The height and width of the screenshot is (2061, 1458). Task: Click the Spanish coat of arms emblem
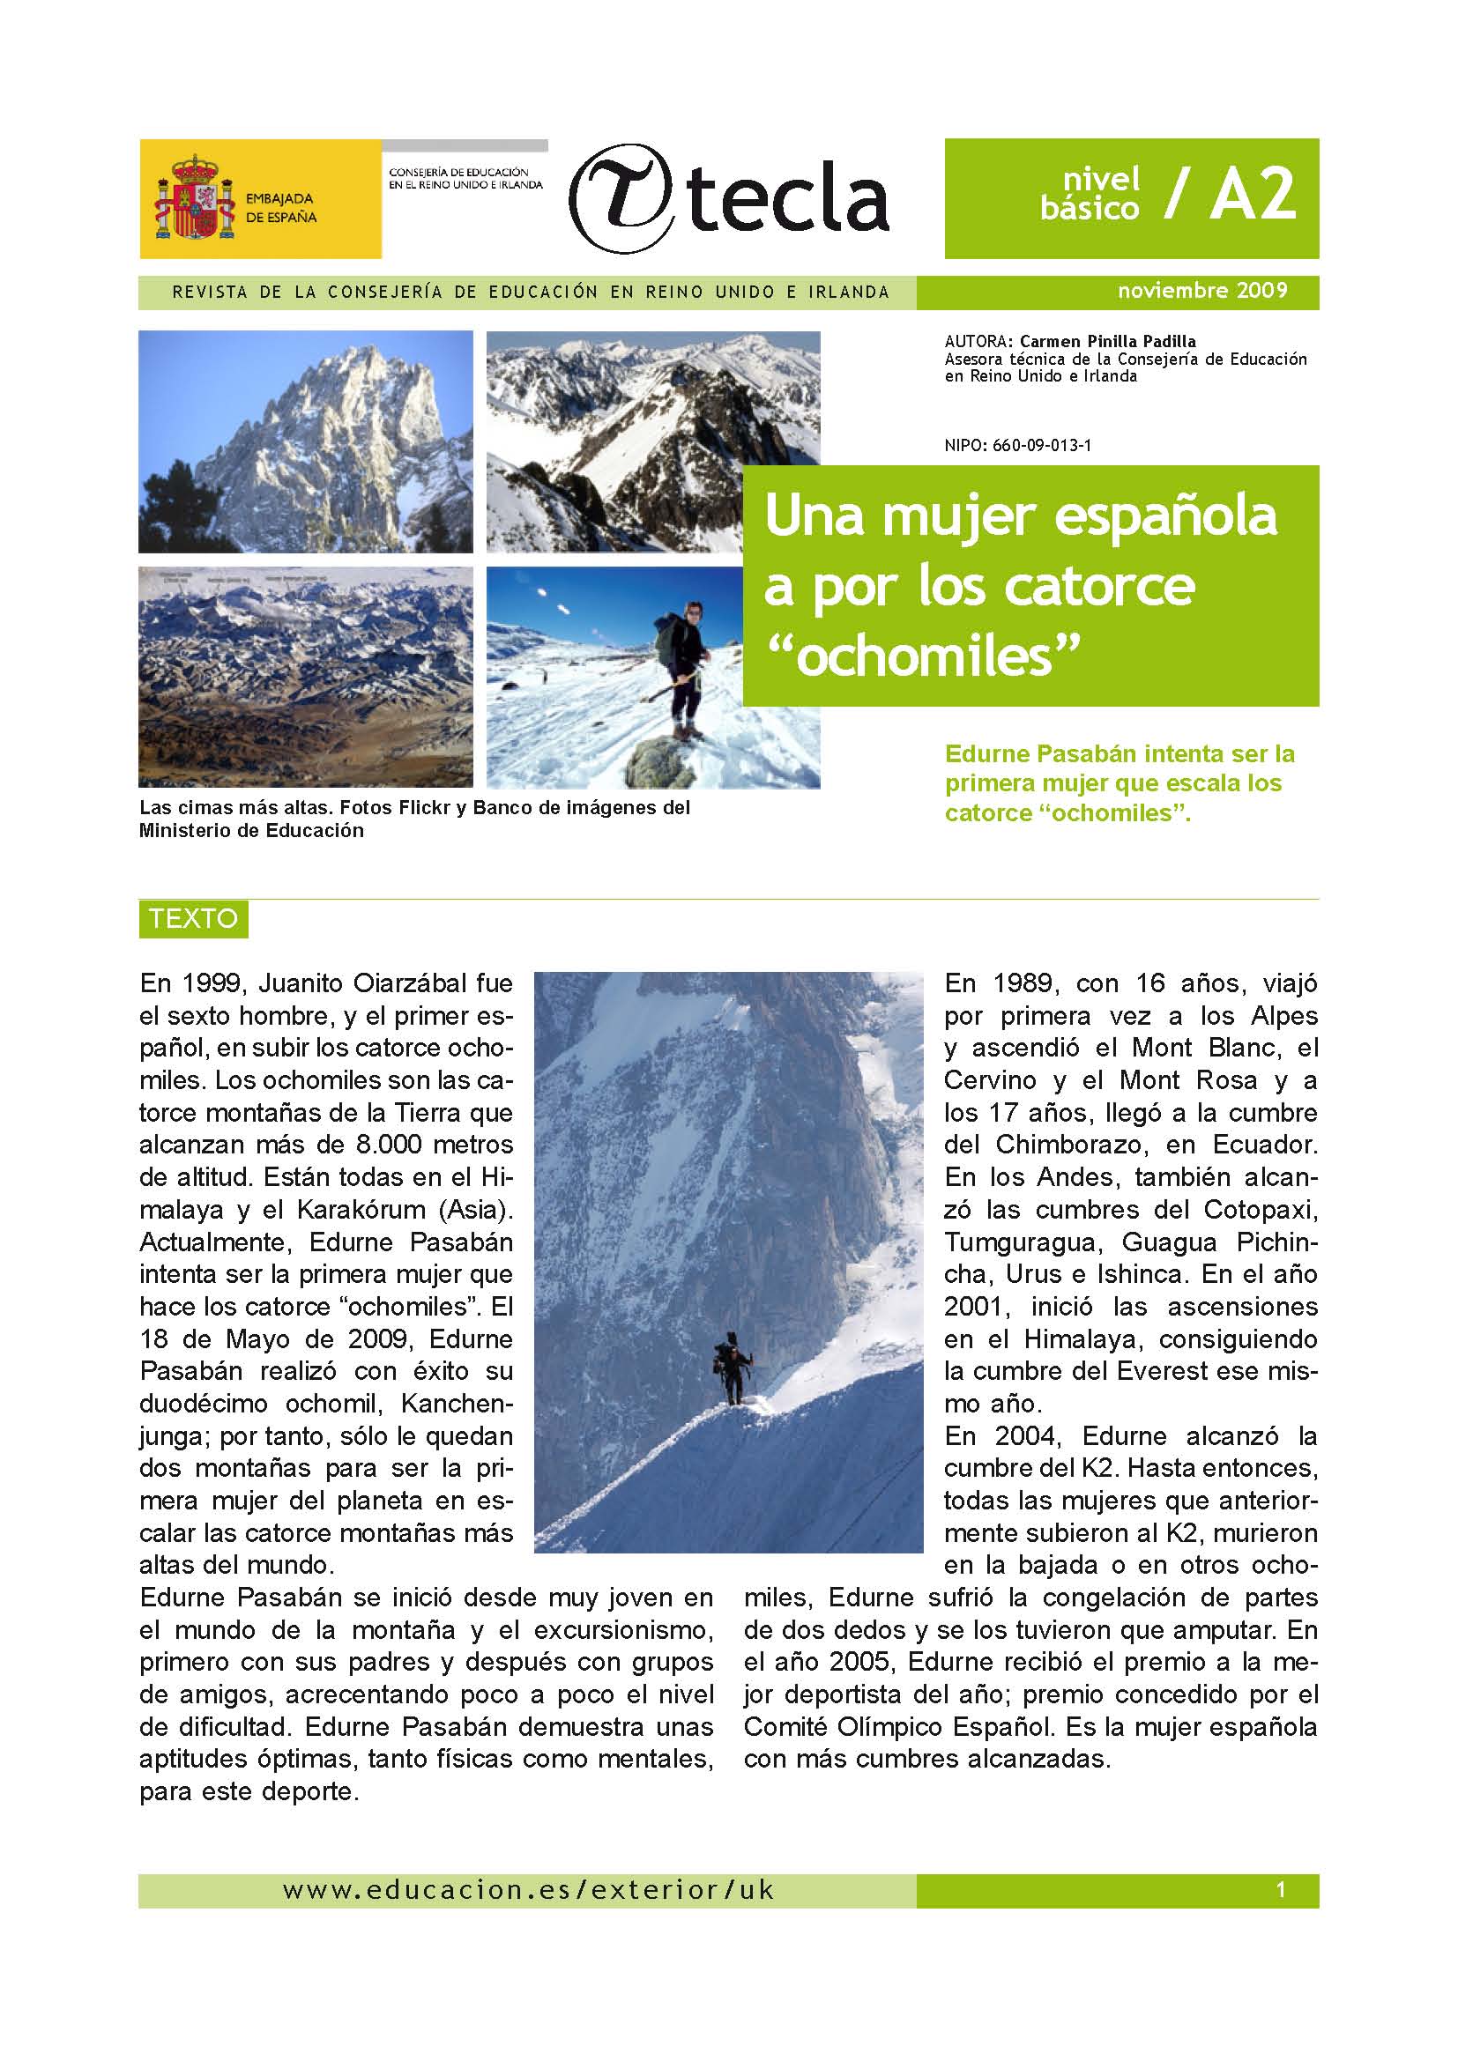(195, 197)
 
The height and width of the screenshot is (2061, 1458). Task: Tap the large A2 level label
(1253, 195)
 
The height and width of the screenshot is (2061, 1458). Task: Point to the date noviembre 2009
(1202, 291)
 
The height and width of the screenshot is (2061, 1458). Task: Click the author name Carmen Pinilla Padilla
(1108, 341)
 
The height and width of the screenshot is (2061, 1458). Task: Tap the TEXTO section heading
(193, 918)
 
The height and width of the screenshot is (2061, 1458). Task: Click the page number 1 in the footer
(1280, 1890)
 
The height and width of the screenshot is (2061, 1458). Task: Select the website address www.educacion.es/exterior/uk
(528, 1890)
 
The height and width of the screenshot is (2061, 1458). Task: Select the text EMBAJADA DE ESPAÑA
(281, 207)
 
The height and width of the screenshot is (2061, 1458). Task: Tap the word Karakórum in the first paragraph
(361, 1210)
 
